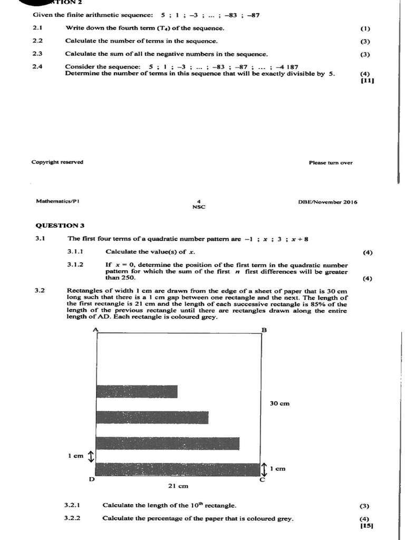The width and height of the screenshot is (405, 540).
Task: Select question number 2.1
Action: (x=37, y=27)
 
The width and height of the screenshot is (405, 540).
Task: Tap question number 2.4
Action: (x=37, y=67)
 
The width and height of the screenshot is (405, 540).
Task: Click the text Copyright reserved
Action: (x=57, y=162)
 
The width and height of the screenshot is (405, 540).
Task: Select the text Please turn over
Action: (x=331, y=163)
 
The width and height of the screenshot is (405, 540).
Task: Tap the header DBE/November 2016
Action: (x=327, y=202)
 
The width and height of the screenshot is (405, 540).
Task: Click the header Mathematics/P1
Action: (x=58, y=201)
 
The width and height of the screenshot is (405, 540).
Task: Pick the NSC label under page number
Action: (x=199, y=207)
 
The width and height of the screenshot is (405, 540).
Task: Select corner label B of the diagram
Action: (x=264, y=330)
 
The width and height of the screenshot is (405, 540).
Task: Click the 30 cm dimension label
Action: (x=279, y=403)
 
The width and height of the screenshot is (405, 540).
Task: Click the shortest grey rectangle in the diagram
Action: (x=137, y=391)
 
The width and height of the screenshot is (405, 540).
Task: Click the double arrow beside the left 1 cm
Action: (x=90, y=456)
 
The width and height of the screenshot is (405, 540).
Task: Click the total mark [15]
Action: (x=367, y=525)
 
